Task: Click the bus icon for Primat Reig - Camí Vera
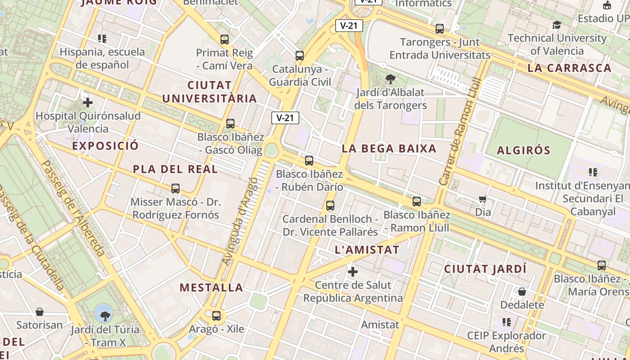(225, 40)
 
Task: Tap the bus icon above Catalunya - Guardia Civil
(300, 56)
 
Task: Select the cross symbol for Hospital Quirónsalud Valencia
(88, 103)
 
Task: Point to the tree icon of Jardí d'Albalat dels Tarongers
(391, 79)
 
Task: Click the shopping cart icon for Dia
(483, 199)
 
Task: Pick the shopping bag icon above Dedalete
(522, 292)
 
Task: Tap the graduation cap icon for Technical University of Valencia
(557, 25)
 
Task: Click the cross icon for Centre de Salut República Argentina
(353, 272)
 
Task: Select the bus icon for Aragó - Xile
(216, 316)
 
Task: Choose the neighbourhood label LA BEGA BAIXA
(389, 148)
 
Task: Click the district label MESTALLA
(211, 288)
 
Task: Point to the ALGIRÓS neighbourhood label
(523, 150)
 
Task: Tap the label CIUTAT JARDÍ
(485, 269)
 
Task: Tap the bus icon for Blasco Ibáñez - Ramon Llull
(417, 202)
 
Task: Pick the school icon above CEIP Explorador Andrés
(507, 322)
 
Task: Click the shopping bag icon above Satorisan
(40, 311)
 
